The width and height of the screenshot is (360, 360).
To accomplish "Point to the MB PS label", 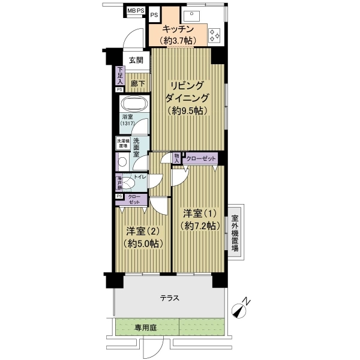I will coord(136,10).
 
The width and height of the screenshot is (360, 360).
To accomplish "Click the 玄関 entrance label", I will coord(136,60).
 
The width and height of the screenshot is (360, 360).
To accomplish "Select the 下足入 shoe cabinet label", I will coord(120,76).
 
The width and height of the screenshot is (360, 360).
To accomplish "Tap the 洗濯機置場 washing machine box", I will coord(122,144).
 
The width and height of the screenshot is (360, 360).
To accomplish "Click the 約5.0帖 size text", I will coord(142,244).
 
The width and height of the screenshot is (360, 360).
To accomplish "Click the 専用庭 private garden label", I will coord(146,328).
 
